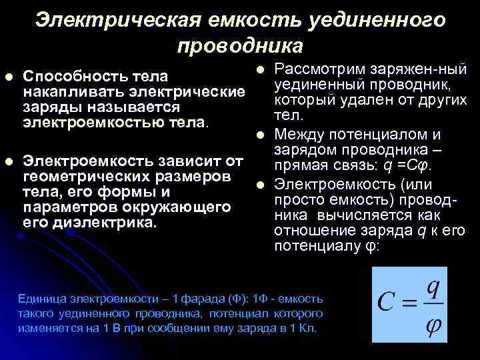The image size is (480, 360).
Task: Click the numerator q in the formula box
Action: tap(433, 288)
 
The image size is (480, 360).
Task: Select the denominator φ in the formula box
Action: tap(433, 325)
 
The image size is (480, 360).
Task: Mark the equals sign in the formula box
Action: tap(409, 305)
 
